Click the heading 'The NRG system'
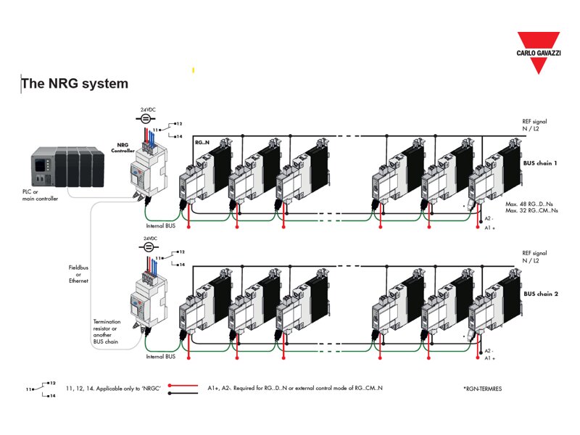point(75,83)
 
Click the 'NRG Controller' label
point(122,148)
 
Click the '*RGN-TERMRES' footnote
point(481,389)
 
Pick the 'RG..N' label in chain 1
point(203,144)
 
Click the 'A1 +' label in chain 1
point(491,228)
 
